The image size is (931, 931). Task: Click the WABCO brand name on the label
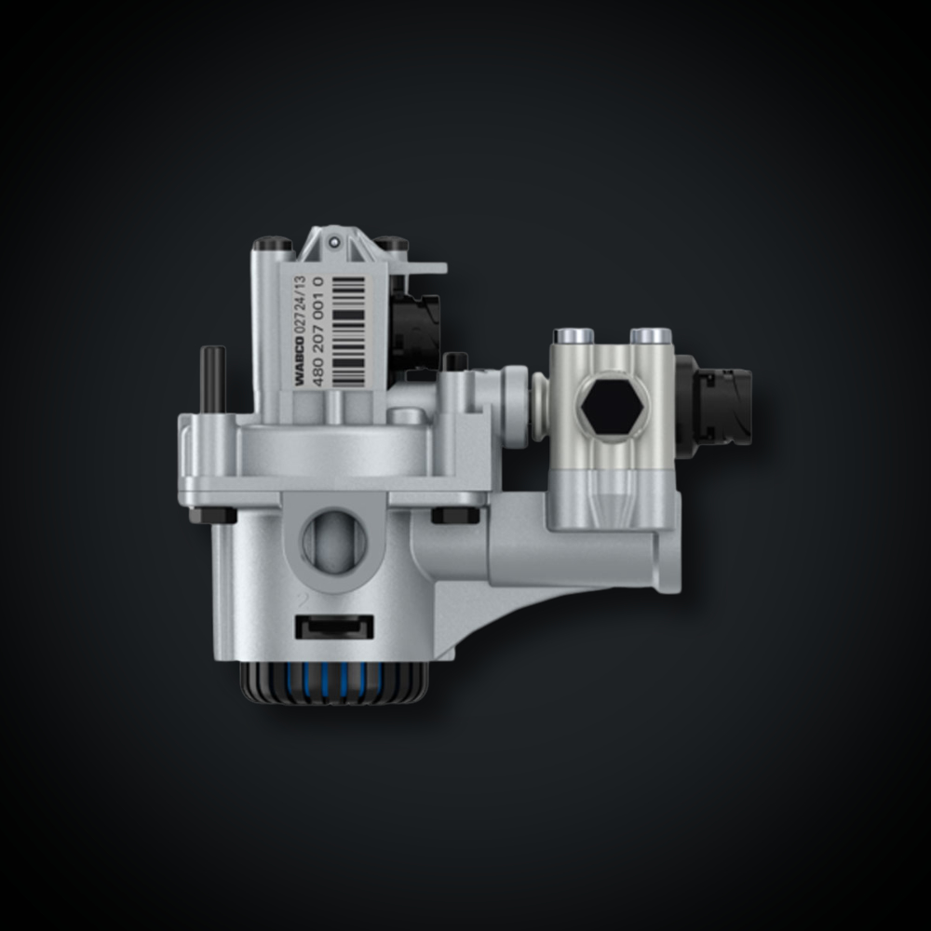[x=300, y=361]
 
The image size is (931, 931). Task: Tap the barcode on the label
[x=348, y=331]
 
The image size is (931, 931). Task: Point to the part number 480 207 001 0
[x=318, y=331]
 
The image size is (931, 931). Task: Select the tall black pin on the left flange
[x=212, y=379]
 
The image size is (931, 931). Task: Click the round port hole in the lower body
[x=334, y=541]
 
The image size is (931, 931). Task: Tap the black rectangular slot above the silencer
[x=335, y=627]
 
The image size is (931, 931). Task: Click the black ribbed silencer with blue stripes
[x=334, y=682]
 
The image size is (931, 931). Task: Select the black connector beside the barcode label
[x=415, y=330]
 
